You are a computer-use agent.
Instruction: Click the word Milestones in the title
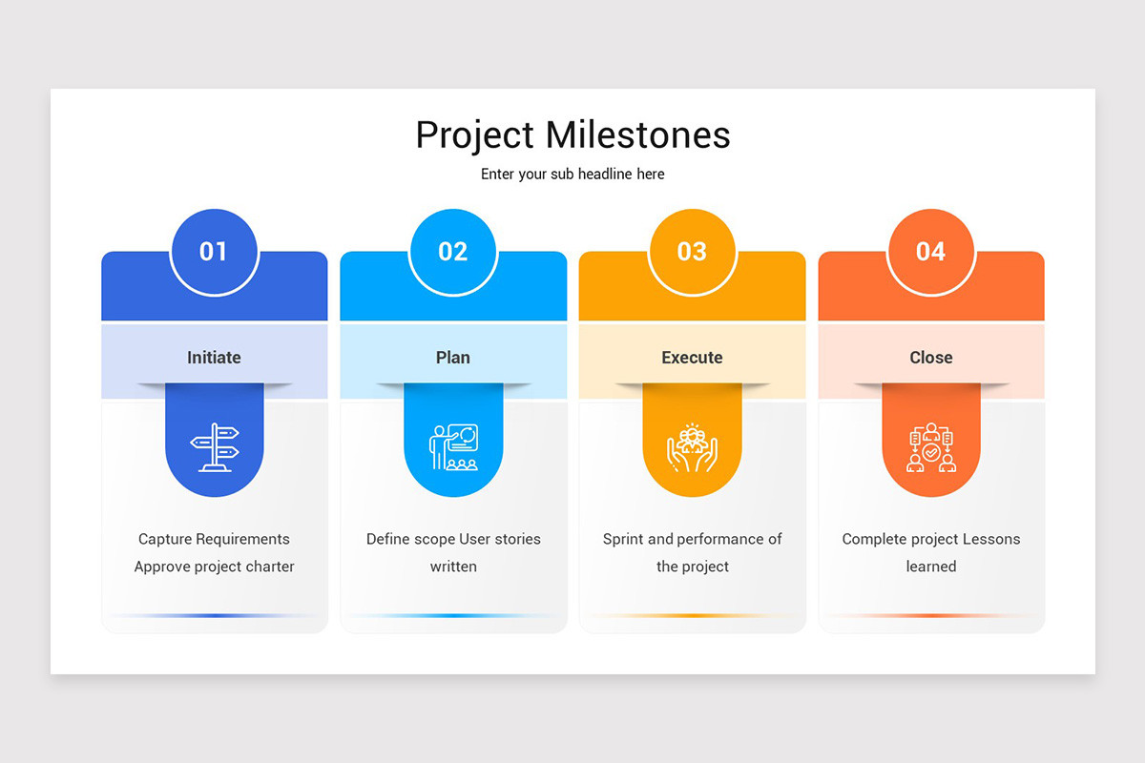[x=637, y=134]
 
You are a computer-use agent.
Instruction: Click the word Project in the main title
[x=474, y=135]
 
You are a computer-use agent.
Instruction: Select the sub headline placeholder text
[x=572, y=174]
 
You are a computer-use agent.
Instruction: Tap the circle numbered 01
[x=214, y=251]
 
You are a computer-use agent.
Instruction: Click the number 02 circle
[x=453, y=251]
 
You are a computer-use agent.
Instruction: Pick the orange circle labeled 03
[x=692, y=251]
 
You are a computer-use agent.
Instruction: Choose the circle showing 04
[x=930, y=251]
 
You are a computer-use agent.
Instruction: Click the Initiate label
[x=214, y=358]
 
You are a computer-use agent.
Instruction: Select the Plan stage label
[x=453, y=358]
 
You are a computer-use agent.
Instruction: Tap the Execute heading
[x=692, y=358]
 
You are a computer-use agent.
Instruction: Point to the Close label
[x=930, y=358]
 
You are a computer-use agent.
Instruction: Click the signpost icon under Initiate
[x=214, y=447]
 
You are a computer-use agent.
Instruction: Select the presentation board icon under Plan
[x=453, y=447]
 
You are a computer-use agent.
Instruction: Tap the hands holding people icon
[x=692, y=447]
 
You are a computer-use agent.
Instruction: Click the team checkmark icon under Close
[x=930, y=447]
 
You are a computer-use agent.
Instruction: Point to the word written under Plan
[x=453, y=567]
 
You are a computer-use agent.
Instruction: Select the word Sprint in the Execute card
[x=623, y=539]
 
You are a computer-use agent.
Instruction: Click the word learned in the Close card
[x=930, y=567]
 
